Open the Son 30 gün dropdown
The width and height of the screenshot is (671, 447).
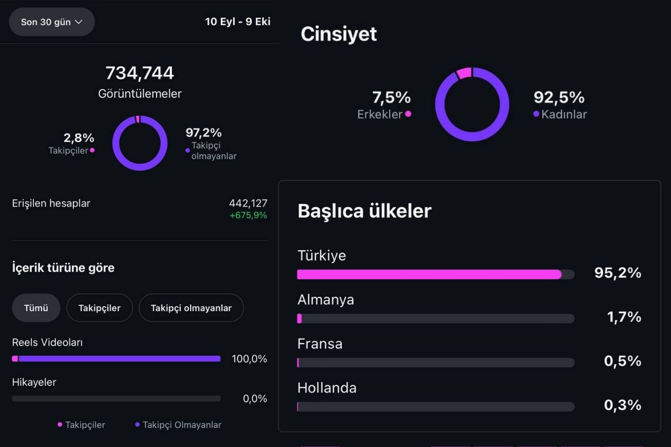coord(52,22)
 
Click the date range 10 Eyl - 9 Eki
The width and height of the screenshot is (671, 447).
coord(238,21)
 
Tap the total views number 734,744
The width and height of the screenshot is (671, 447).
coord(140,73)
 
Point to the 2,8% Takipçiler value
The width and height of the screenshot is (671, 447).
coord(79,138)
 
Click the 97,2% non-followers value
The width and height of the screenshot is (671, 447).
coord(204,133)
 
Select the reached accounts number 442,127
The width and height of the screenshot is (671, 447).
coord(248,203)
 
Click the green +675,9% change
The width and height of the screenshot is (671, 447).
coord(248,215)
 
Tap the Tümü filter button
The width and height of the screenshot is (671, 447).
coord(36,308)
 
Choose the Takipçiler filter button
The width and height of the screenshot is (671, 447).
coord(99,308)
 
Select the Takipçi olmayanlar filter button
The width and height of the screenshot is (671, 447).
coord(191,308)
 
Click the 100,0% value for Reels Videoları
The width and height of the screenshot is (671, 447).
coord(249,358)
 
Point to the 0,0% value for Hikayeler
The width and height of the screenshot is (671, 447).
coord(255,398)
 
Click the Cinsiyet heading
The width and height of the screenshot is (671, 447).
coord(339,34)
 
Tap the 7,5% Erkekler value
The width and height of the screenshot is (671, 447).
coord(391,97)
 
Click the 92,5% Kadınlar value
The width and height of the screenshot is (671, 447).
coord(559,97)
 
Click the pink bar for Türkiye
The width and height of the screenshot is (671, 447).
coord(429,274)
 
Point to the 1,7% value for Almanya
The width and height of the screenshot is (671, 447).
coord(624,317)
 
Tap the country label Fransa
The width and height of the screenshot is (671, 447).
coord(320,344)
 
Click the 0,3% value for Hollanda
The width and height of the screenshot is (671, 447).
coord(623,405)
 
